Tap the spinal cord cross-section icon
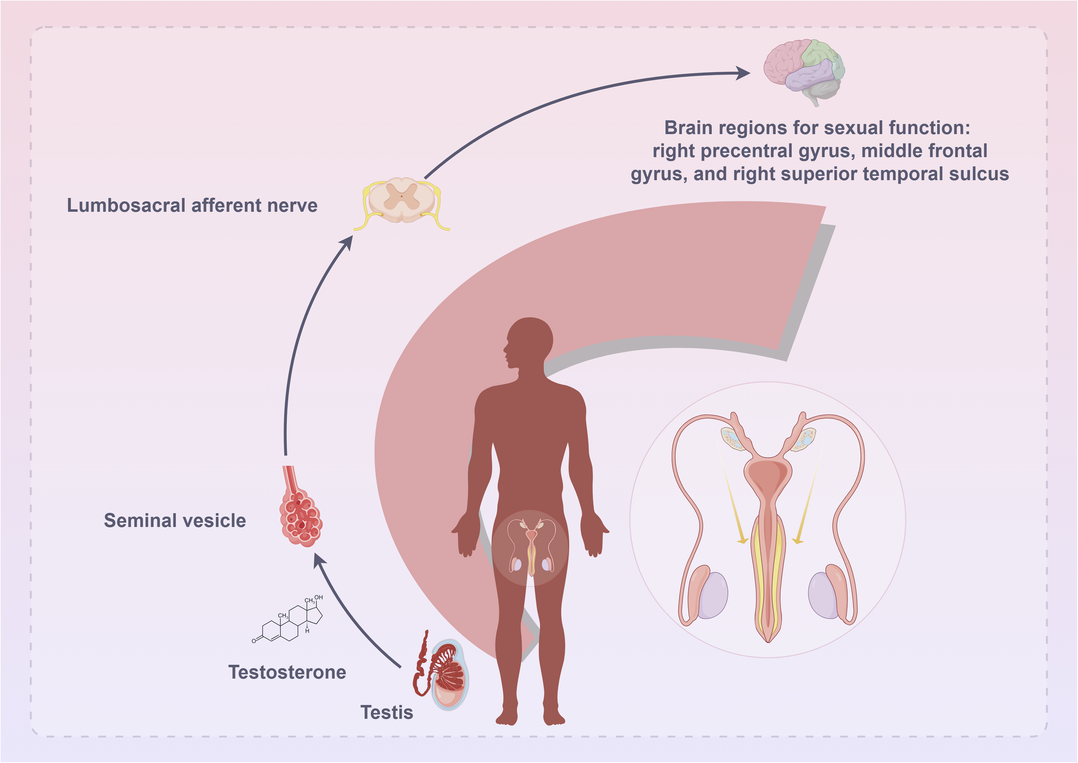point(402,201)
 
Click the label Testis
point(386,712)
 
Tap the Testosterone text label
point(287,672)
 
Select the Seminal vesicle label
point(175,521)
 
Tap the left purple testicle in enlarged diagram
point(713,595)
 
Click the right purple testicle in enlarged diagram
point(824,595)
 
